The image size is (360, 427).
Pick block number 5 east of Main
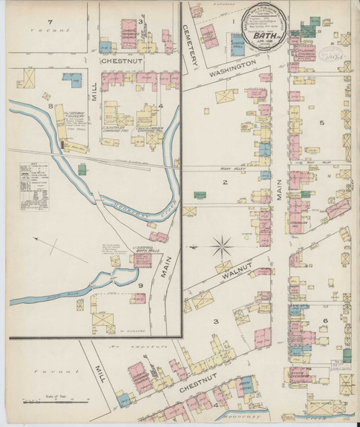(323, 122)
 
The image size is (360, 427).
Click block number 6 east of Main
(325, 320)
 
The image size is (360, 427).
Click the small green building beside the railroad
(83, 168)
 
